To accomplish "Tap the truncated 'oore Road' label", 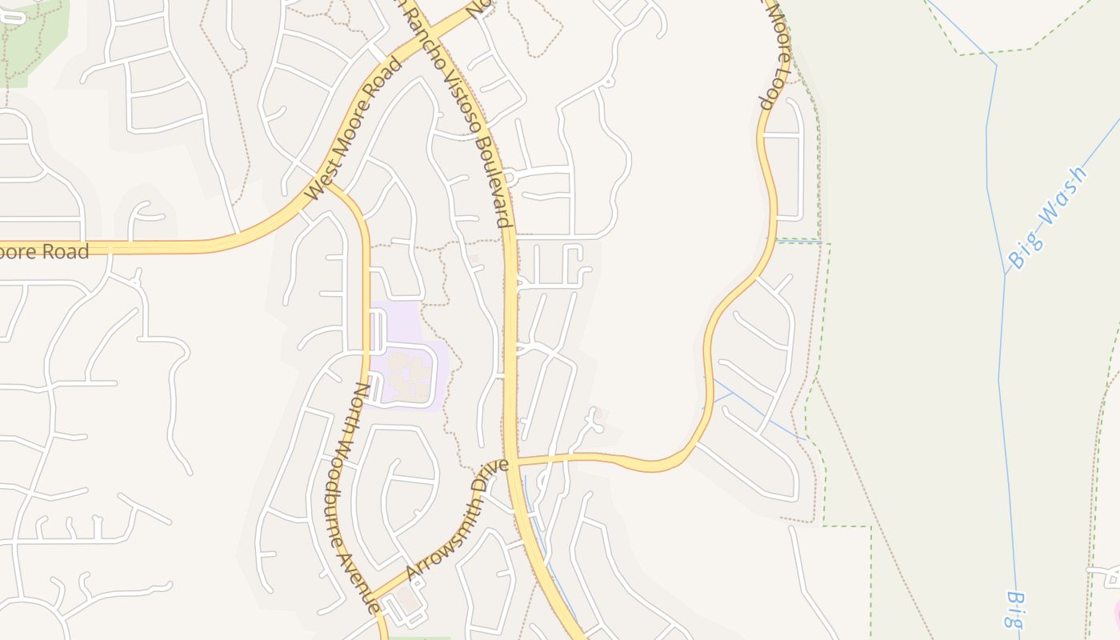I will (44, 252).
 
